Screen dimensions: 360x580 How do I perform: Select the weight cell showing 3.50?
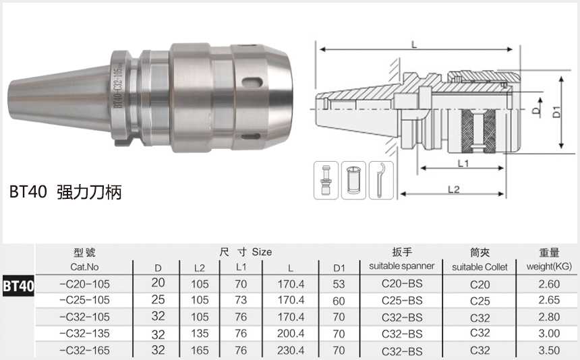549,350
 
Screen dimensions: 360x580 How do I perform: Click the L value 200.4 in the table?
291,334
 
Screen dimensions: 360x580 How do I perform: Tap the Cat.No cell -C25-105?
84,300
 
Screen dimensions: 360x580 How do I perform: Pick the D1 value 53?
339,284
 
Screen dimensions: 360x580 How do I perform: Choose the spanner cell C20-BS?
402,284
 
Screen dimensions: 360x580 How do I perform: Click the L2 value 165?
200,350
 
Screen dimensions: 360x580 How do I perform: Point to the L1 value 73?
241,300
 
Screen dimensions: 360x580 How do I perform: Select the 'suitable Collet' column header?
480,267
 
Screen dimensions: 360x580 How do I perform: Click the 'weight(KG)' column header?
549,267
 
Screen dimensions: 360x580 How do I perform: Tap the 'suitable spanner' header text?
402,266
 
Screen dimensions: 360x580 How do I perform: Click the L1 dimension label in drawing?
463,163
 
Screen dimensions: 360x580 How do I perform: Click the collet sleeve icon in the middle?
353,180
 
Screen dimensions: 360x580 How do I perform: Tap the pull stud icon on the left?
327,180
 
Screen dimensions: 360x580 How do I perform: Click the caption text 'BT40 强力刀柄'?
65,192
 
